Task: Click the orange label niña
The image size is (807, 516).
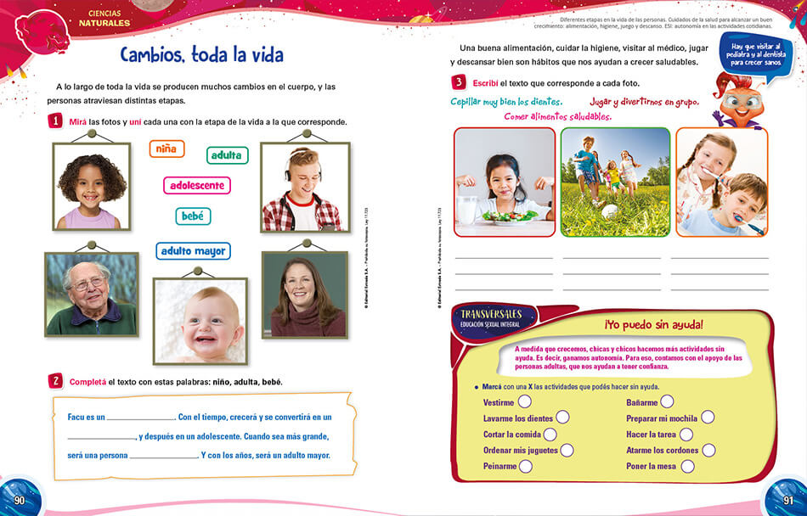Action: click(166, 149)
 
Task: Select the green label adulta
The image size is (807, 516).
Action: click(227, 154)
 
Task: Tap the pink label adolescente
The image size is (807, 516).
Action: click(196, 185)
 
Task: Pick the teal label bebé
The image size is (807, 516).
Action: click(193, 216)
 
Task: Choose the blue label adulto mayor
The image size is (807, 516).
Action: click(193, 251)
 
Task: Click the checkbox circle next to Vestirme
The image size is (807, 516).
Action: click(525, 401)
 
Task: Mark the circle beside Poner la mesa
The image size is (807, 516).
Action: click(687, 466)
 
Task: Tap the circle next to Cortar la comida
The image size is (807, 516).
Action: click(551, 434)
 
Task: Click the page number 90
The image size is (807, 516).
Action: click(20, 501)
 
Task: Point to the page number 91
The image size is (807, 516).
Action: click(787, 501)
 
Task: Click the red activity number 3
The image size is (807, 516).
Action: click(459, 82)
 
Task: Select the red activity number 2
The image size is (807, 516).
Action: click(55, 381)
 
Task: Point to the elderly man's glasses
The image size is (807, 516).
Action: click(89, 283)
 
